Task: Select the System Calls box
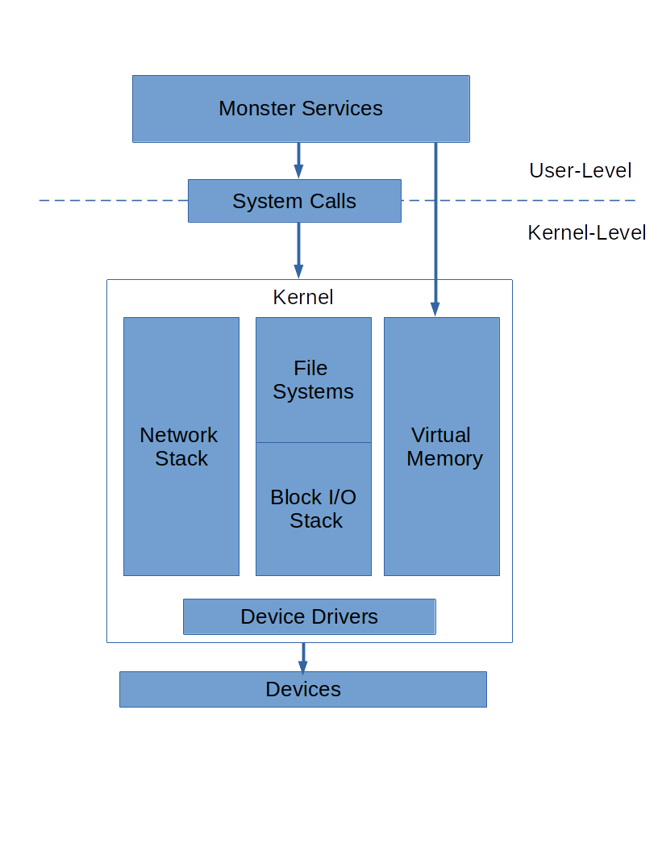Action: click(294, 201)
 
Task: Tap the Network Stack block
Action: click(181, 446)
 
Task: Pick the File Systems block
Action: click(313, 380)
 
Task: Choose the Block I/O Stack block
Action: click(313, 509)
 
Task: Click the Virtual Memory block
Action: click(441, 446)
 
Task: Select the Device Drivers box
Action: click(309, 617)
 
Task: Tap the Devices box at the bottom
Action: click(302, 689)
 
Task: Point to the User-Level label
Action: click(580, 170)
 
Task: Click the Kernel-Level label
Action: click(586, 232)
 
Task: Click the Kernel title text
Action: click(303, 297)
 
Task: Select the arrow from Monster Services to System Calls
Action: click(298, 160)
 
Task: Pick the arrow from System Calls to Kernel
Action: click(298, 249)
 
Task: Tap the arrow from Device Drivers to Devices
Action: click(303, 658)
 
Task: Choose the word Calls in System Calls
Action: click(331, 201)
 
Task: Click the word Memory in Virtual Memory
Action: click(444, 458)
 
